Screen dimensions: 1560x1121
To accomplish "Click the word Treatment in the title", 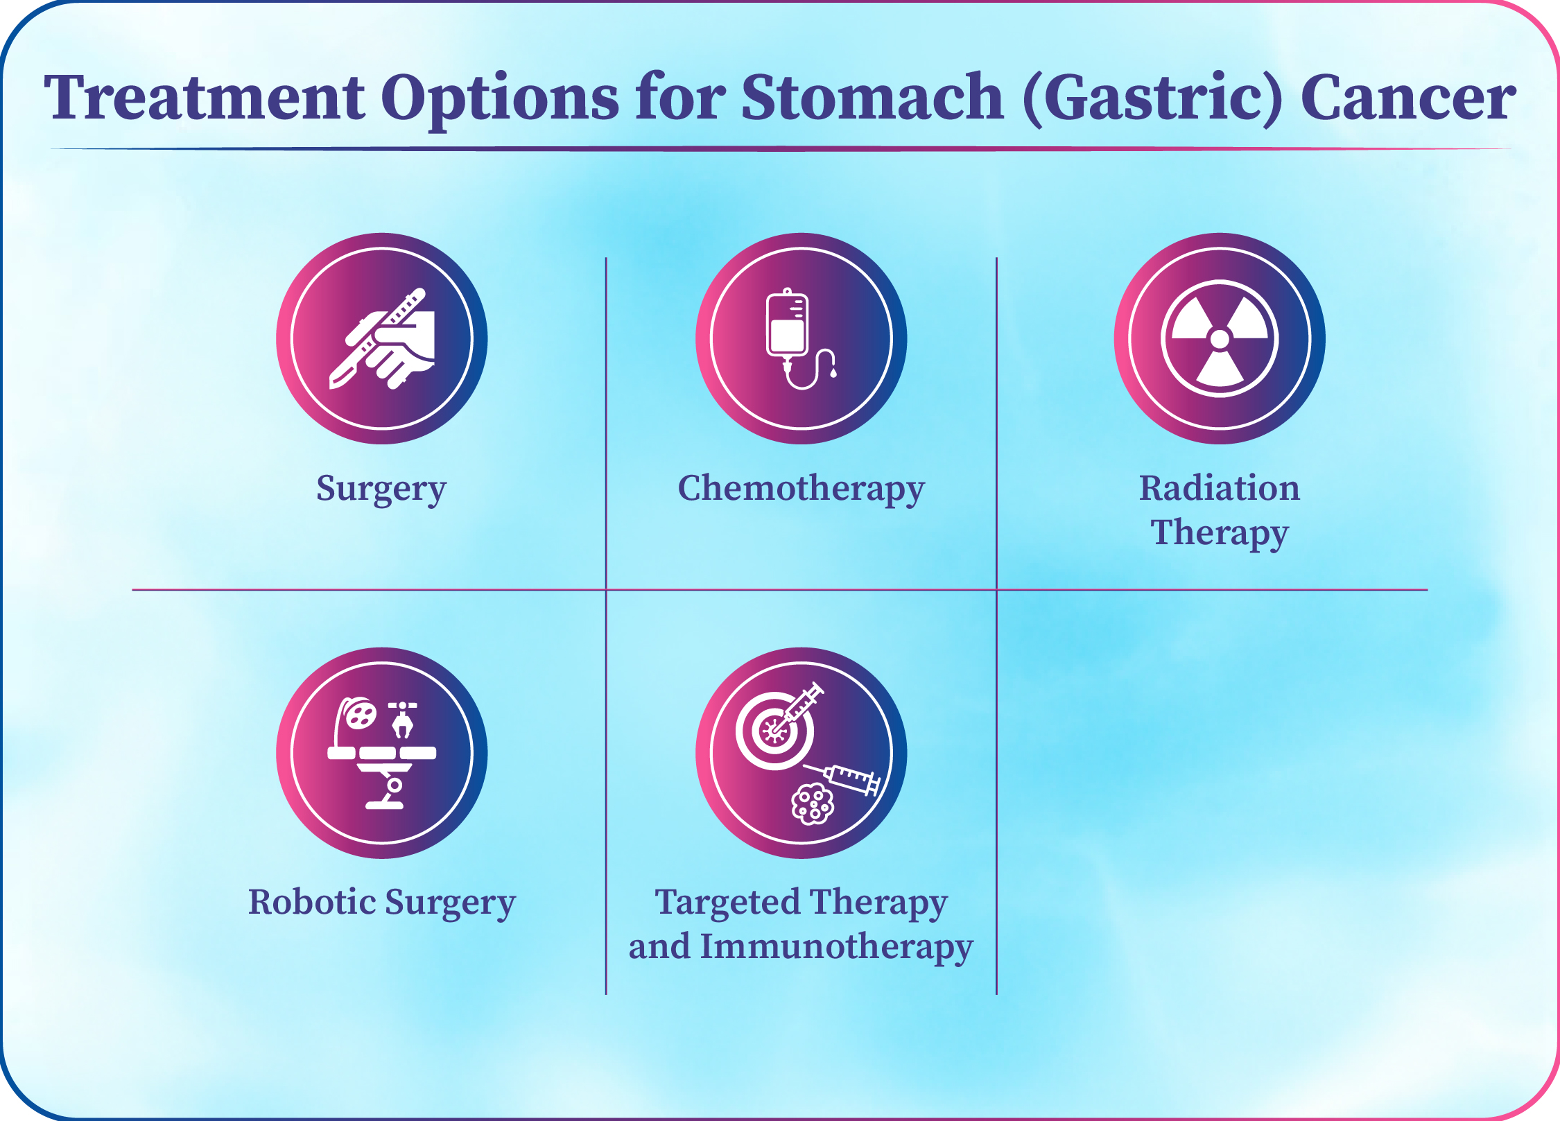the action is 205,97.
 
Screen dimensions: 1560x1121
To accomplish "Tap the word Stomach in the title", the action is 872,96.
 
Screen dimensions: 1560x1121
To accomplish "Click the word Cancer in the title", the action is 1408,97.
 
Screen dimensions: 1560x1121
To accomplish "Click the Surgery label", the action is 381,489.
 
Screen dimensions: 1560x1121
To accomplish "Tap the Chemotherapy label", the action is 801,489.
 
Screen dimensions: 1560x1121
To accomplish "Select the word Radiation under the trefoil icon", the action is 1220,487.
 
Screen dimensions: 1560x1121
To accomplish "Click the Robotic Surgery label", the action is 382,903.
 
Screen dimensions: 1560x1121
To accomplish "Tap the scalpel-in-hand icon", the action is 382,338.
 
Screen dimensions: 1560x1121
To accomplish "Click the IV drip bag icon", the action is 788,324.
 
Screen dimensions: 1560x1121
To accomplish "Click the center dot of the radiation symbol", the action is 1220,339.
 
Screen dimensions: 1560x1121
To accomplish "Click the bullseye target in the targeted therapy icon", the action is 774,731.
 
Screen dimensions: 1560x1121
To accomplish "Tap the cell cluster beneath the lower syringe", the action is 813,804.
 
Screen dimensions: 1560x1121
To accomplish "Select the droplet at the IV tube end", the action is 833,373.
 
